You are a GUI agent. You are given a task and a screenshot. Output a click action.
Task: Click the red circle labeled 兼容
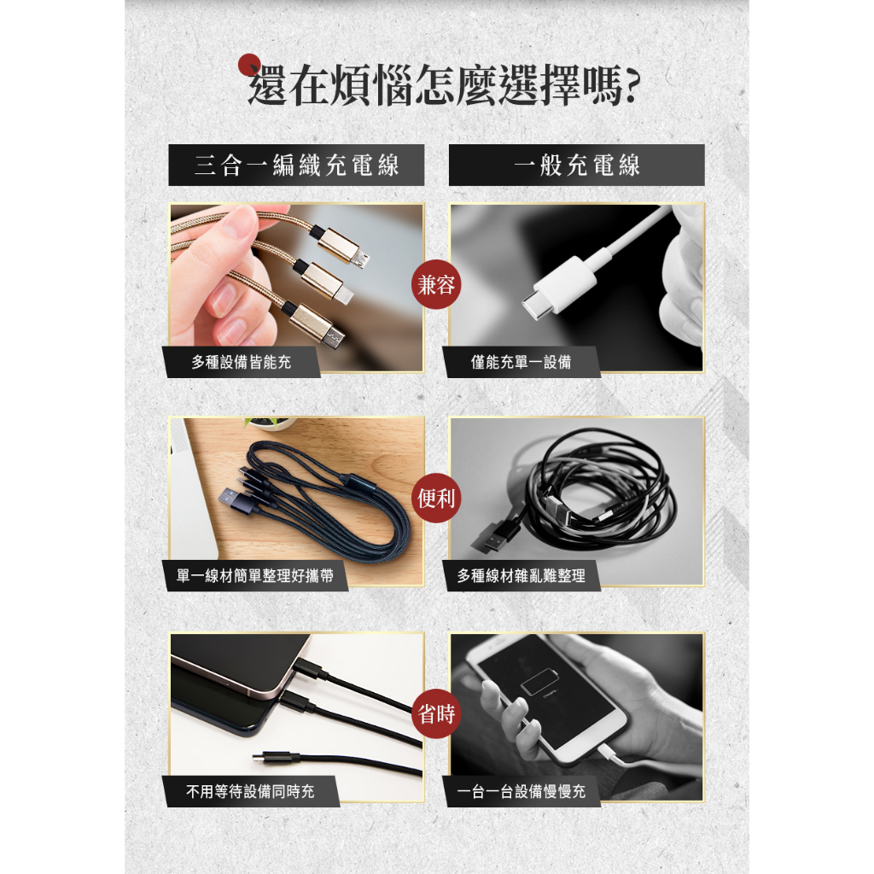(x=436, y=284)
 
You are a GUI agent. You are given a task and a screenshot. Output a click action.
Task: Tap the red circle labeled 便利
(x=436, y=498)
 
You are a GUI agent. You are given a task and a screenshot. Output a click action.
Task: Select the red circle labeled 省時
(x=436, y=714)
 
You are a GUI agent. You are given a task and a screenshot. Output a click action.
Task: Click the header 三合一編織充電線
(x=296, y=165)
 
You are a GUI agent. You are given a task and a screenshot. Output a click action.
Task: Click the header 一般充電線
(x=577, y=165)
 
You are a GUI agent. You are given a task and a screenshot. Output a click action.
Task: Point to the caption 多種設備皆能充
(x=242, y=362)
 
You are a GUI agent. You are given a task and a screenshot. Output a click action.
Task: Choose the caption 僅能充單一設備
(x=521, y=362)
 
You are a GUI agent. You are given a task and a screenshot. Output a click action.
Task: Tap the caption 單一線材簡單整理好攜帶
(x=254, y=575)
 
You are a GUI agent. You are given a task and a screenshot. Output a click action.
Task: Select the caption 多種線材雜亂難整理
(x=521, y=575)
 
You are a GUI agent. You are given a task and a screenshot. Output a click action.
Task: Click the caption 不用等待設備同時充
(x=250, y=791)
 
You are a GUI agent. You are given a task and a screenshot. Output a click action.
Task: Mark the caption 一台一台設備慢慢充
(x=521, y=791)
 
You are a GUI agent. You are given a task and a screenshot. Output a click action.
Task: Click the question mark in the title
(x=632, y=85)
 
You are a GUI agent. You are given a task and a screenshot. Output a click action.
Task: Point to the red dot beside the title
(x=249, y=65)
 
